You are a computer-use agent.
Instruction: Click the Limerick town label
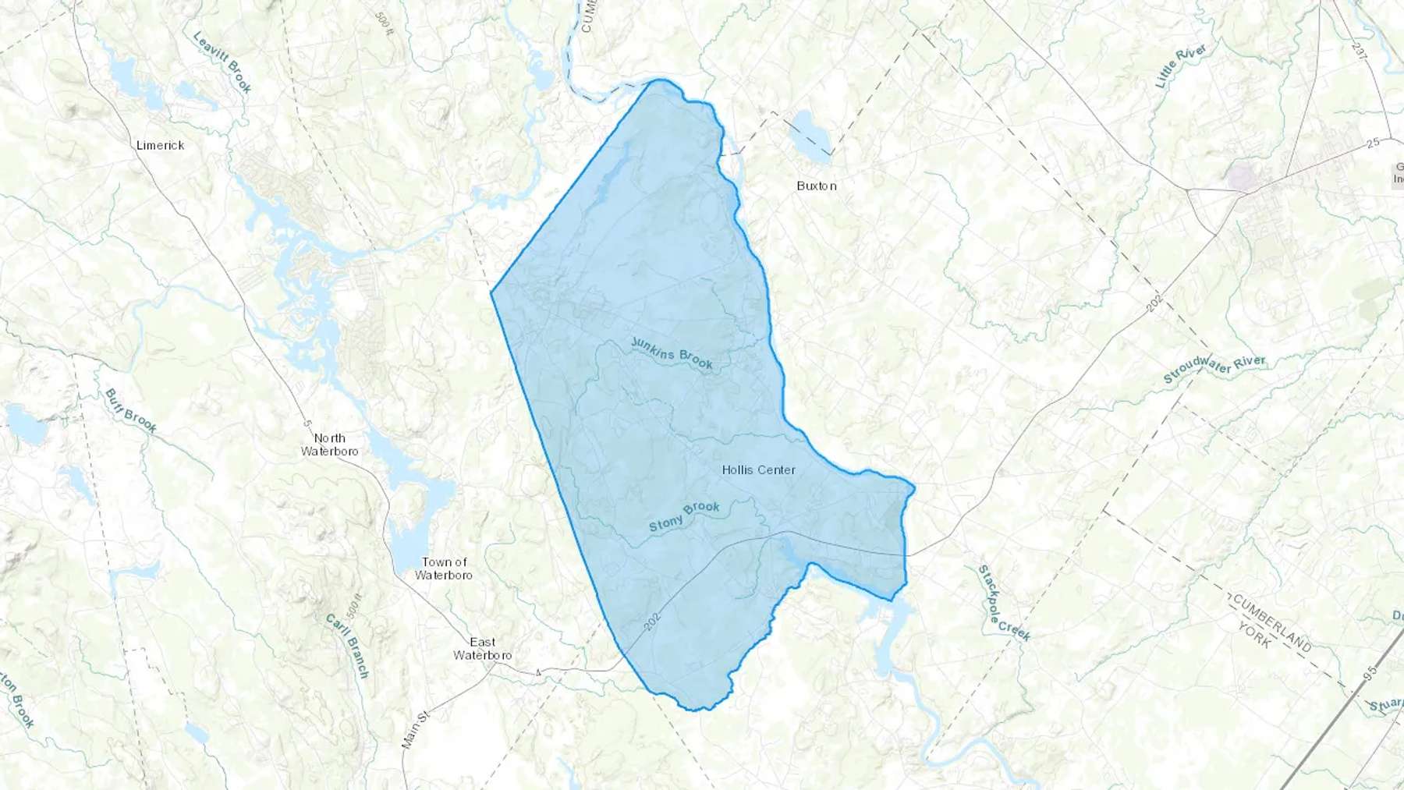tap(160, 145)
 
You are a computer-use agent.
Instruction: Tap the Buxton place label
tap(817, 186)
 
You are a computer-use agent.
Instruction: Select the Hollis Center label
tap(758, 469)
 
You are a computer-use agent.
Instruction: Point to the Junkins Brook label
tap(672, 353)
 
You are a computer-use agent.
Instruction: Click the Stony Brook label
tap(684, 516)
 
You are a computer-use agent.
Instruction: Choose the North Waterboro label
tap(329, 445)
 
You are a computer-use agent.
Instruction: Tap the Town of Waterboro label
tap(444, 568)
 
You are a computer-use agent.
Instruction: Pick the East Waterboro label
tap(483, 648)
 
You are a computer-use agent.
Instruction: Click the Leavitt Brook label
tap(222, 62)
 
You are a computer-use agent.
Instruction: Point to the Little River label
tap(1181, 66)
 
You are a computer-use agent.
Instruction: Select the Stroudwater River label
tap(1214, 370)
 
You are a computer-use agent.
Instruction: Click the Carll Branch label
tap(346, 645)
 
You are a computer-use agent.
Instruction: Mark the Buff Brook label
tap(130, 410)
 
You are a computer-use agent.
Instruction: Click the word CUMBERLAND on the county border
tap(1271, 623)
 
